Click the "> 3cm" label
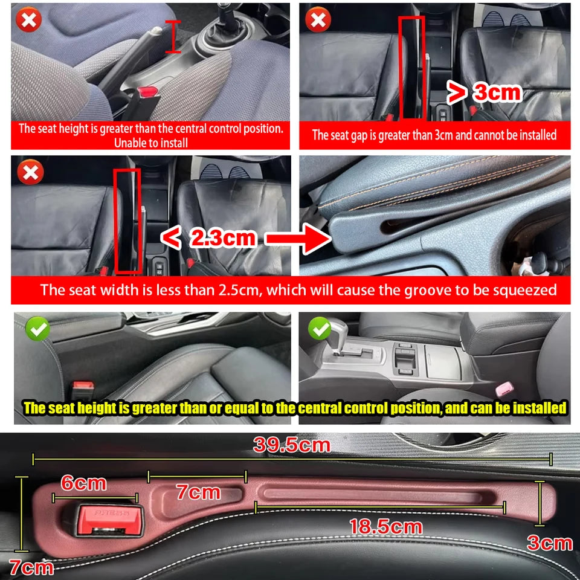pos(483,92)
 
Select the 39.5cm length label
pos(292,446)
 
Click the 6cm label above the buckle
pos(83,483)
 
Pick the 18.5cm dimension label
pos(385,526)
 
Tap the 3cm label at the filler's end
pos(549,543)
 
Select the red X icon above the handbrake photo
pos(28,20)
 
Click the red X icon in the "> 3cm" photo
pos(317,20)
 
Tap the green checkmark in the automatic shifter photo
pos(320,329)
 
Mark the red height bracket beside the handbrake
pos(173,36)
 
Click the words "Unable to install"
pos(150,143)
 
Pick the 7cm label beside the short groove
pos(198,492)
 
